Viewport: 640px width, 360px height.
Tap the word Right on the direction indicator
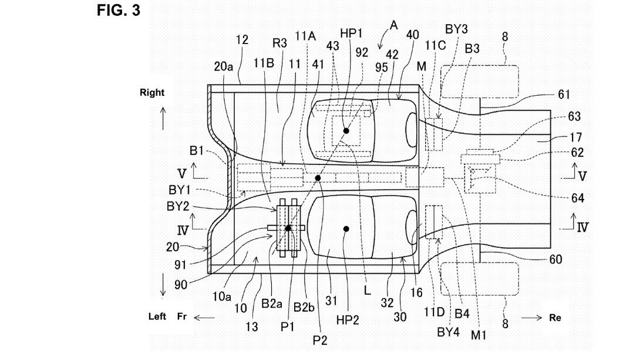152,93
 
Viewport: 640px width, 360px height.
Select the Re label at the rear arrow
555,318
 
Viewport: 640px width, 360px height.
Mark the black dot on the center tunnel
318,177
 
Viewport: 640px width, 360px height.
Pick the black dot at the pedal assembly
288,228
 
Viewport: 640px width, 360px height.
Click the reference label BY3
456,28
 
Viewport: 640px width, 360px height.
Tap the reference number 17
576,137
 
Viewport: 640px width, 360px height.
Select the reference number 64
578,198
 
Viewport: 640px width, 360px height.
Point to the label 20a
224,67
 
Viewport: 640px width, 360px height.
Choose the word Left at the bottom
157,317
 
